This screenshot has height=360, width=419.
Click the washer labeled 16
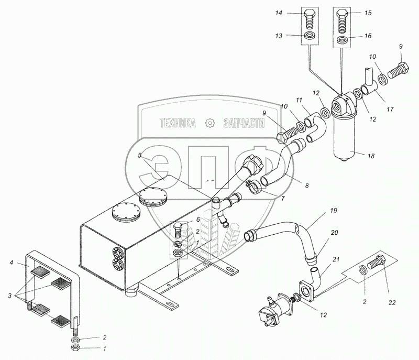click(x=342, y=39)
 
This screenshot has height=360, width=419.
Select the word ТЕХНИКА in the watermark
click(x=178, y=123)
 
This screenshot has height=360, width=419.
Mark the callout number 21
click(x=336, y=260)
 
